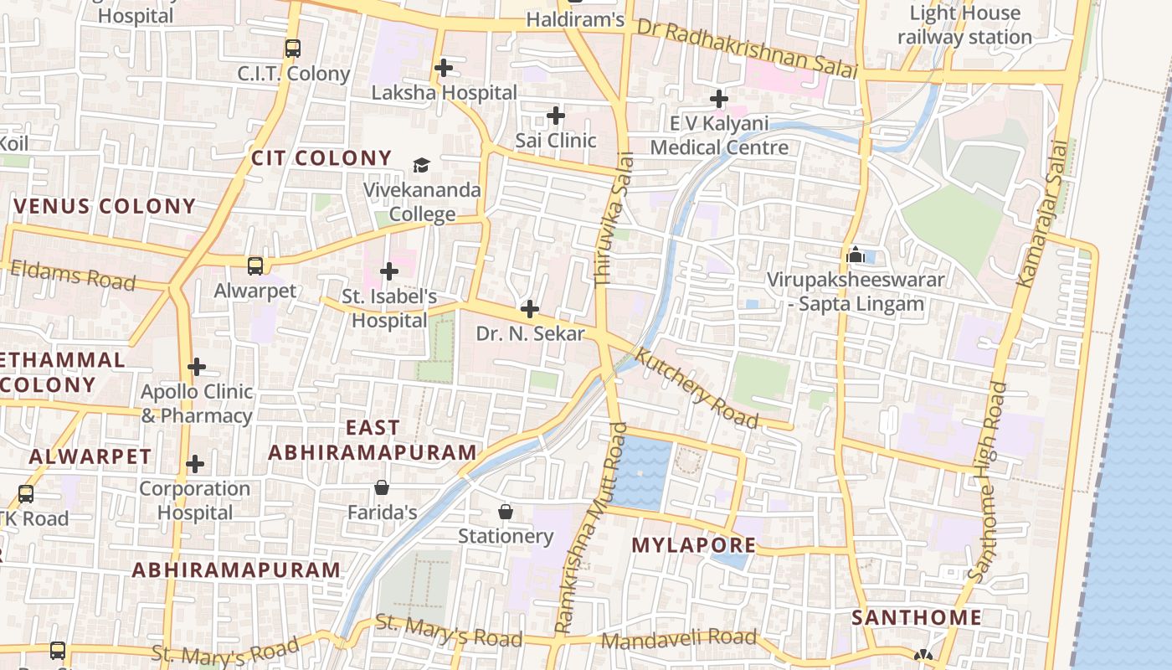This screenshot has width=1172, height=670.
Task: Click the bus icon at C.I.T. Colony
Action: click(292, 49)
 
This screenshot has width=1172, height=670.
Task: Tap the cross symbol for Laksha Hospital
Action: click(444, 68)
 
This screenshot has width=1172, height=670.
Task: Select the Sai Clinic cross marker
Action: click(555, 116)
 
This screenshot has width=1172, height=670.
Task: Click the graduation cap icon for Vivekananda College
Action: click(421, 165)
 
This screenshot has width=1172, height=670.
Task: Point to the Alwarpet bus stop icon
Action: click(255, 266)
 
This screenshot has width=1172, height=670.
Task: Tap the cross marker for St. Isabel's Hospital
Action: click(388, 271)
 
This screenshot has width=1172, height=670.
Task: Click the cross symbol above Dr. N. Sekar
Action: click(529, 309)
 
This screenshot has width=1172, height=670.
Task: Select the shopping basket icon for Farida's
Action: click(382, 487)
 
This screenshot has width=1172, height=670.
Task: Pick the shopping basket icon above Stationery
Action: click(506, 512)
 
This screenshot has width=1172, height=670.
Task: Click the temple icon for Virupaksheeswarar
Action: click(856, 255)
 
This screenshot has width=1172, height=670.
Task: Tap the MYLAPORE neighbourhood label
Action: click(693, 545)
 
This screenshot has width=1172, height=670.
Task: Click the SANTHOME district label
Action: click(916, 618)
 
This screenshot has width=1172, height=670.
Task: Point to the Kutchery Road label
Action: click(697, 388)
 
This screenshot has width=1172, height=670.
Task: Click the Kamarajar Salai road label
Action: click(1044, 214)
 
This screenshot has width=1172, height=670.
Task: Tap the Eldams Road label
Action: click(72, 276)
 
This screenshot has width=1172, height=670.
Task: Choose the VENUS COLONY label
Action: click(105, 206)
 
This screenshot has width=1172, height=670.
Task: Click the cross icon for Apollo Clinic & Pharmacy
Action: click(196, 367)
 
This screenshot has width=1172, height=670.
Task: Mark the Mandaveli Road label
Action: click(678, 640)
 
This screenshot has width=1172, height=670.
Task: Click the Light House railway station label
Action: click(964, 25)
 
